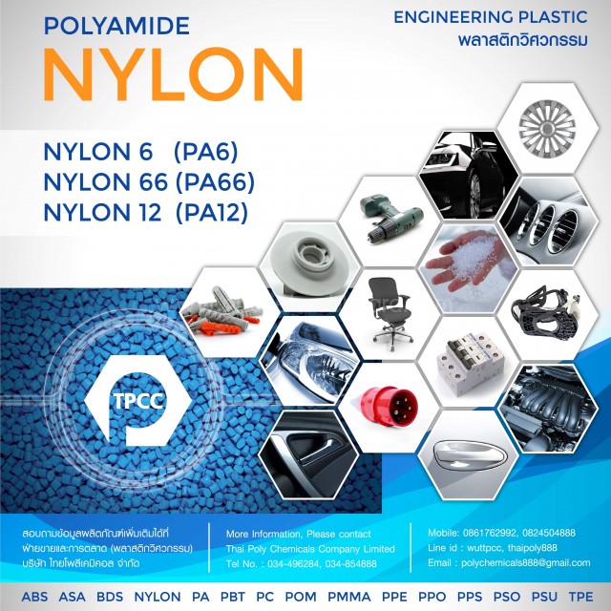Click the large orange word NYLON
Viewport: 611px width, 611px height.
click(x=174, y=74)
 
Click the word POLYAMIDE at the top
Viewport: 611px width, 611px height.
click(x=116, y=26)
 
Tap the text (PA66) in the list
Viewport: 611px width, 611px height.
click(x=216, y=182)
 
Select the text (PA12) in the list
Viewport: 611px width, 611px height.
click(x=212, y=213)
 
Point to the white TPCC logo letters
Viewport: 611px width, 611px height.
click(x=137, y=399)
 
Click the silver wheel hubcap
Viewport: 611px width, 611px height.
click(x=547, y=128)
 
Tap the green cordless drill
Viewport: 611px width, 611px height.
click(x=390, y=219)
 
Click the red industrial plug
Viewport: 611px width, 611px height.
click(x=389, y=407)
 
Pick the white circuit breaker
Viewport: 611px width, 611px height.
click(x=471, y=363)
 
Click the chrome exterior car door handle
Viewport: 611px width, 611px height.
click(x=469, y=454)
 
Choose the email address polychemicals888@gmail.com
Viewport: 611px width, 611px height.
click(x=526, y=562)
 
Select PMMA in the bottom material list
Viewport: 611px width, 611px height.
click(x=349, y=597)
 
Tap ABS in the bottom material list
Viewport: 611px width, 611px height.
click(x=34, y=597)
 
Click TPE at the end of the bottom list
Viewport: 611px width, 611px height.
click(x=580, y=597)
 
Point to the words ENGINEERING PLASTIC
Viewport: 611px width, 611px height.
click(x=491, y=17)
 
